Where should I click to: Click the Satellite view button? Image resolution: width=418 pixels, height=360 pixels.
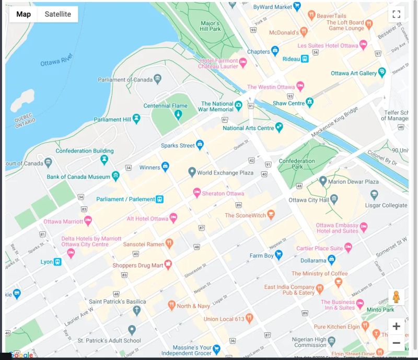(57, 14)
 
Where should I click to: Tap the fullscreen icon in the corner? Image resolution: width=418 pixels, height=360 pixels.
(396, 14)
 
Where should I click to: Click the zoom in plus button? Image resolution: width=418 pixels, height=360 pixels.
(396, 327)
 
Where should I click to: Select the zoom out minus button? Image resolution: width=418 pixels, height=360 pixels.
(396, 343)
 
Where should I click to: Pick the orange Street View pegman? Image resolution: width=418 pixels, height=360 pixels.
(396, 297)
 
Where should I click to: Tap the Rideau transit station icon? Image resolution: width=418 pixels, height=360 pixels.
(304, 59)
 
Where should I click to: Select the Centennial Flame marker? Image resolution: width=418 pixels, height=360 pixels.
(178, 114)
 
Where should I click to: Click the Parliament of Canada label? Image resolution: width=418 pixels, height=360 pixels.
(125, 79)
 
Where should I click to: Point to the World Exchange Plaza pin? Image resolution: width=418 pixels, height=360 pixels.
(192, 172)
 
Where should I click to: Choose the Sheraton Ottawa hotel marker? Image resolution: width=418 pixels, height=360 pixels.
(197, 193)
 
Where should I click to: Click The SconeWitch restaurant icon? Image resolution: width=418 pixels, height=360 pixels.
(271, 215)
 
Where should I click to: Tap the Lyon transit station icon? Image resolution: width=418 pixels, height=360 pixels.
(57, 261)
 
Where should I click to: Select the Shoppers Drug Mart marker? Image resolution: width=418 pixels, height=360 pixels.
(168, 265)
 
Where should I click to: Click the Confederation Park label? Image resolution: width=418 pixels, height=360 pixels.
(297, 164)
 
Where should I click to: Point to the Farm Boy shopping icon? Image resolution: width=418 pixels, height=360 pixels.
(279, 256)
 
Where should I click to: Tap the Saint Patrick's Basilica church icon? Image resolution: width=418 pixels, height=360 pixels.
(136, 311)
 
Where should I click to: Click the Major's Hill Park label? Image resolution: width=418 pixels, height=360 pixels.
(211, 26)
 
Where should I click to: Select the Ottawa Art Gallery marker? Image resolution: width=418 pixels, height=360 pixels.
(382, 73)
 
